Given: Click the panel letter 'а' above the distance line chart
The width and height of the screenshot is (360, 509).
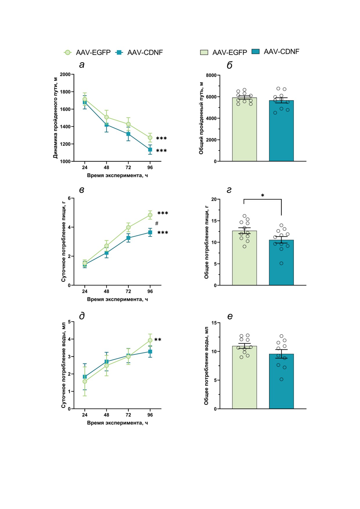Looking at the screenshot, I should pyautogui.click(x=82, y=65).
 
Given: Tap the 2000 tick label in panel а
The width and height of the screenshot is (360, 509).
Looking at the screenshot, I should pyautogui.click(x=65, y=74).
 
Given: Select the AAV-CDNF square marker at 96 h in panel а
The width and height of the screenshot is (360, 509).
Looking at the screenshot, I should pyautogui.click(x=150, y=150).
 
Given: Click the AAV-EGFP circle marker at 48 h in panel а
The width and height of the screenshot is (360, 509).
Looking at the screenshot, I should pyautogui.click(x=107, y=117).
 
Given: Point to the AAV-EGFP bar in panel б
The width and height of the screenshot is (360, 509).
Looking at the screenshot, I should pyautogui.click(x=244, y=131).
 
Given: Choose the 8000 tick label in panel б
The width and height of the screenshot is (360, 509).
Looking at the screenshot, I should pyautogui.click(x=211, y=75).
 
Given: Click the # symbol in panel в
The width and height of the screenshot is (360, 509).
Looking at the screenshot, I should pyautogui.click(x=157, y=223).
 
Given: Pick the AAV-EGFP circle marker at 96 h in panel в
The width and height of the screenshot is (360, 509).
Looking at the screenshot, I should pyautogui.click(x=150, y=215).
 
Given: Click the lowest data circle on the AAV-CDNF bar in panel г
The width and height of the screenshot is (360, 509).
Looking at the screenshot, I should pyautogui.click(x=281, y=263).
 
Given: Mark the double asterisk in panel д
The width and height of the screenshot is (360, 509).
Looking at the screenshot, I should pyautogui.click(x=158, y=340).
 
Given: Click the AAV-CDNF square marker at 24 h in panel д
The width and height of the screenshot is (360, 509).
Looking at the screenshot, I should pyautogui.click(x=85, y=377).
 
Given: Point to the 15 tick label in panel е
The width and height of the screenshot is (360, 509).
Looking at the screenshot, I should pyautogui.click(x=214, y=323).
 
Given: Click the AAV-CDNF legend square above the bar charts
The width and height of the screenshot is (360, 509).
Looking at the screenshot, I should pyautogui.click(x=255, y=52).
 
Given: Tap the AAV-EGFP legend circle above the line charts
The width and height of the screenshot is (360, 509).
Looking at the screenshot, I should pyautogui.click(x=68, y=53).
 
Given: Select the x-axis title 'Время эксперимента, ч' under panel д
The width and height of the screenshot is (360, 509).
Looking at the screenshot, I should pyautogui.click(x=117, y=423).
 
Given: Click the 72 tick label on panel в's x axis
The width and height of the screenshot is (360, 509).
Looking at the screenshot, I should pyautogui.click(x=128, y=291).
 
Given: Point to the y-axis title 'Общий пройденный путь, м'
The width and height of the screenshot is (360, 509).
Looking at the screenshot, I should pyautogui.click(x=201, y=118).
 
